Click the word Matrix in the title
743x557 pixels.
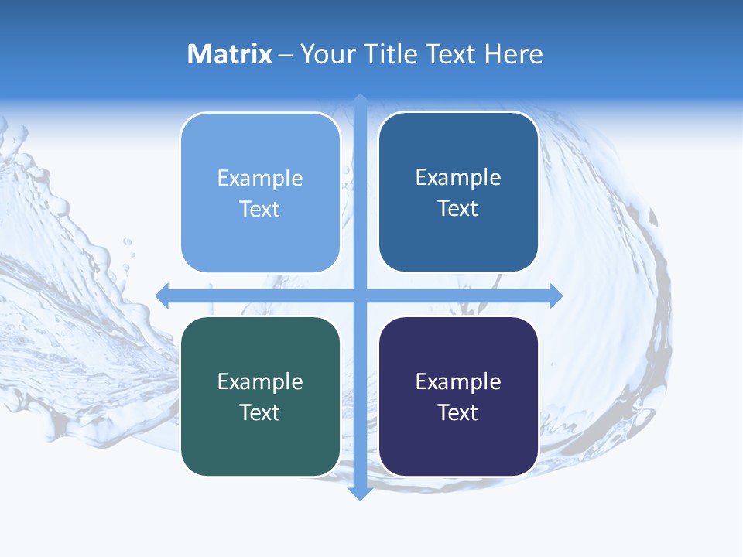pyautogui.click(x=230, y=54)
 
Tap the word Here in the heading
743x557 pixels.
pyautogui.click(x=513, y=54)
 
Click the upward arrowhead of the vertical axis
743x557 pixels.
pyautogui.click(x=360, y=100)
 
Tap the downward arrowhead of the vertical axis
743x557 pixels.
pyautogui.click(x=360, y=494)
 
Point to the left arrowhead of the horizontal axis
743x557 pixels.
pyautogui.click(x=162, y=296)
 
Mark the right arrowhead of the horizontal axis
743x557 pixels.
pyautogui.click(x=556, y=296)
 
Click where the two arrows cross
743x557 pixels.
pyautogui.click(x=360, y=296)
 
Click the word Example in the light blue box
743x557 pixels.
pyautogui.click(x=260, y=178)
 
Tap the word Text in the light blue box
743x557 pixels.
pyautogui.click(x=260, y=209)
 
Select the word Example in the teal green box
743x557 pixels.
pyautogui.click(x=260, y=381)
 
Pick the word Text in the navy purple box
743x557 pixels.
pyautogui.click(x=458, y=412)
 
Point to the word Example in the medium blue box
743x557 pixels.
pyautogui.click(x=458, y=177)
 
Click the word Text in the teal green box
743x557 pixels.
pyautogui.click(x=260, y=412)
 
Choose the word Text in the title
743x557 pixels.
pyautogui.click(x=450, y=54)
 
